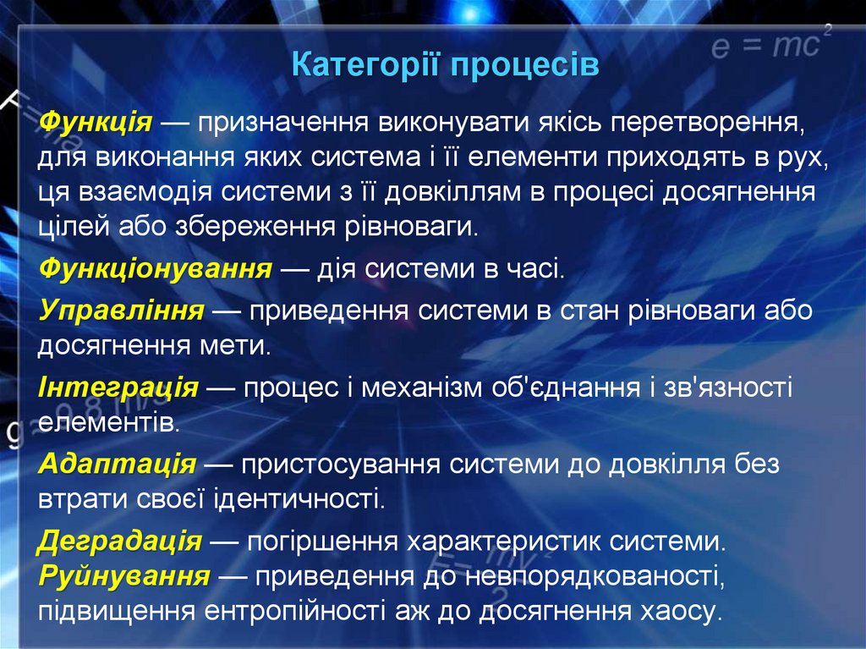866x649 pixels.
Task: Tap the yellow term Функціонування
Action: tap(156, 270)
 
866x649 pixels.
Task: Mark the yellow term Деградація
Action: tap(120, 540)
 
